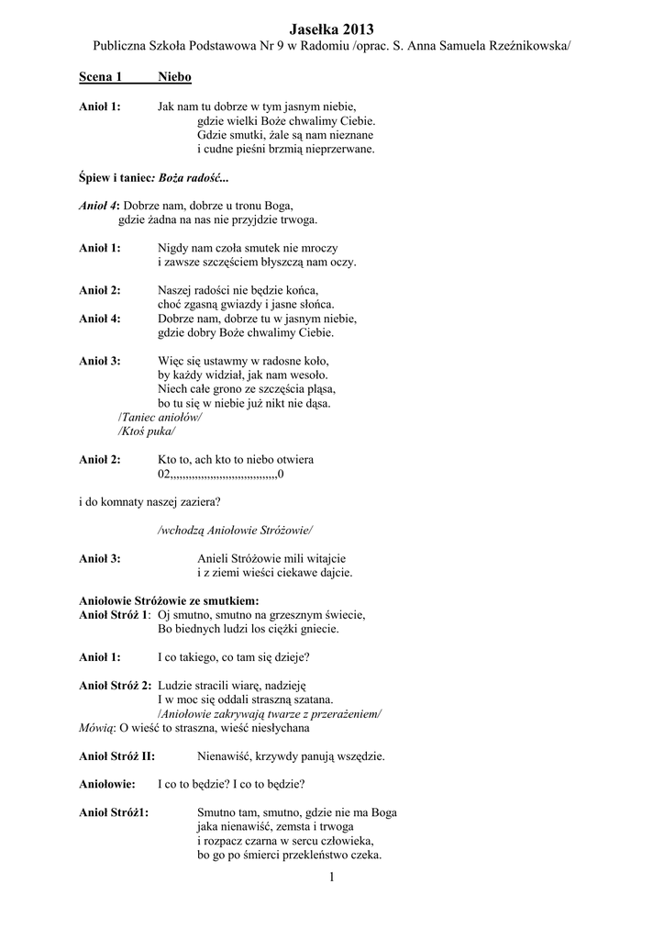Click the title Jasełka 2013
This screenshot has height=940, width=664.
(x=331, y=29)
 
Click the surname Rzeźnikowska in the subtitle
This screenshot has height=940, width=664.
(x=524, y=46)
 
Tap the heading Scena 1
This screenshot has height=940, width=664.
(x=101, y=79)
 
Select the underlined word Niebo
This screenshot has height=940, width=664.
(x=174, y=79)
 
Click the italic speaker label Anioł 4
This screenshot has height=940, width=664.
(x=99, y=206)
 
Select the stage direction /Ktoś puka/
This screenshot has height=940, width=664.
(x=147, y=431)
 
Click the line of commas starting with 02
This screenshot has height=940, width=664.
(x=221, y=475)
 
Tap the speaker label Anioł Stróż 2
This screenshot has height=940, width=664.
(x=116, y=685)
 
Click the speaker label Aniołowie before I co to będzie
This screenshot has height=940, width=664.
(x=107, y=785)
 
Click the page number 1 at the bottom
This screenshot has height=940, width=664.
(x=332, y=878)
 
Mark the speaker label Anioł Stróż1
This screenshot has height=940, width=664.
(x=116, y=812)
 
